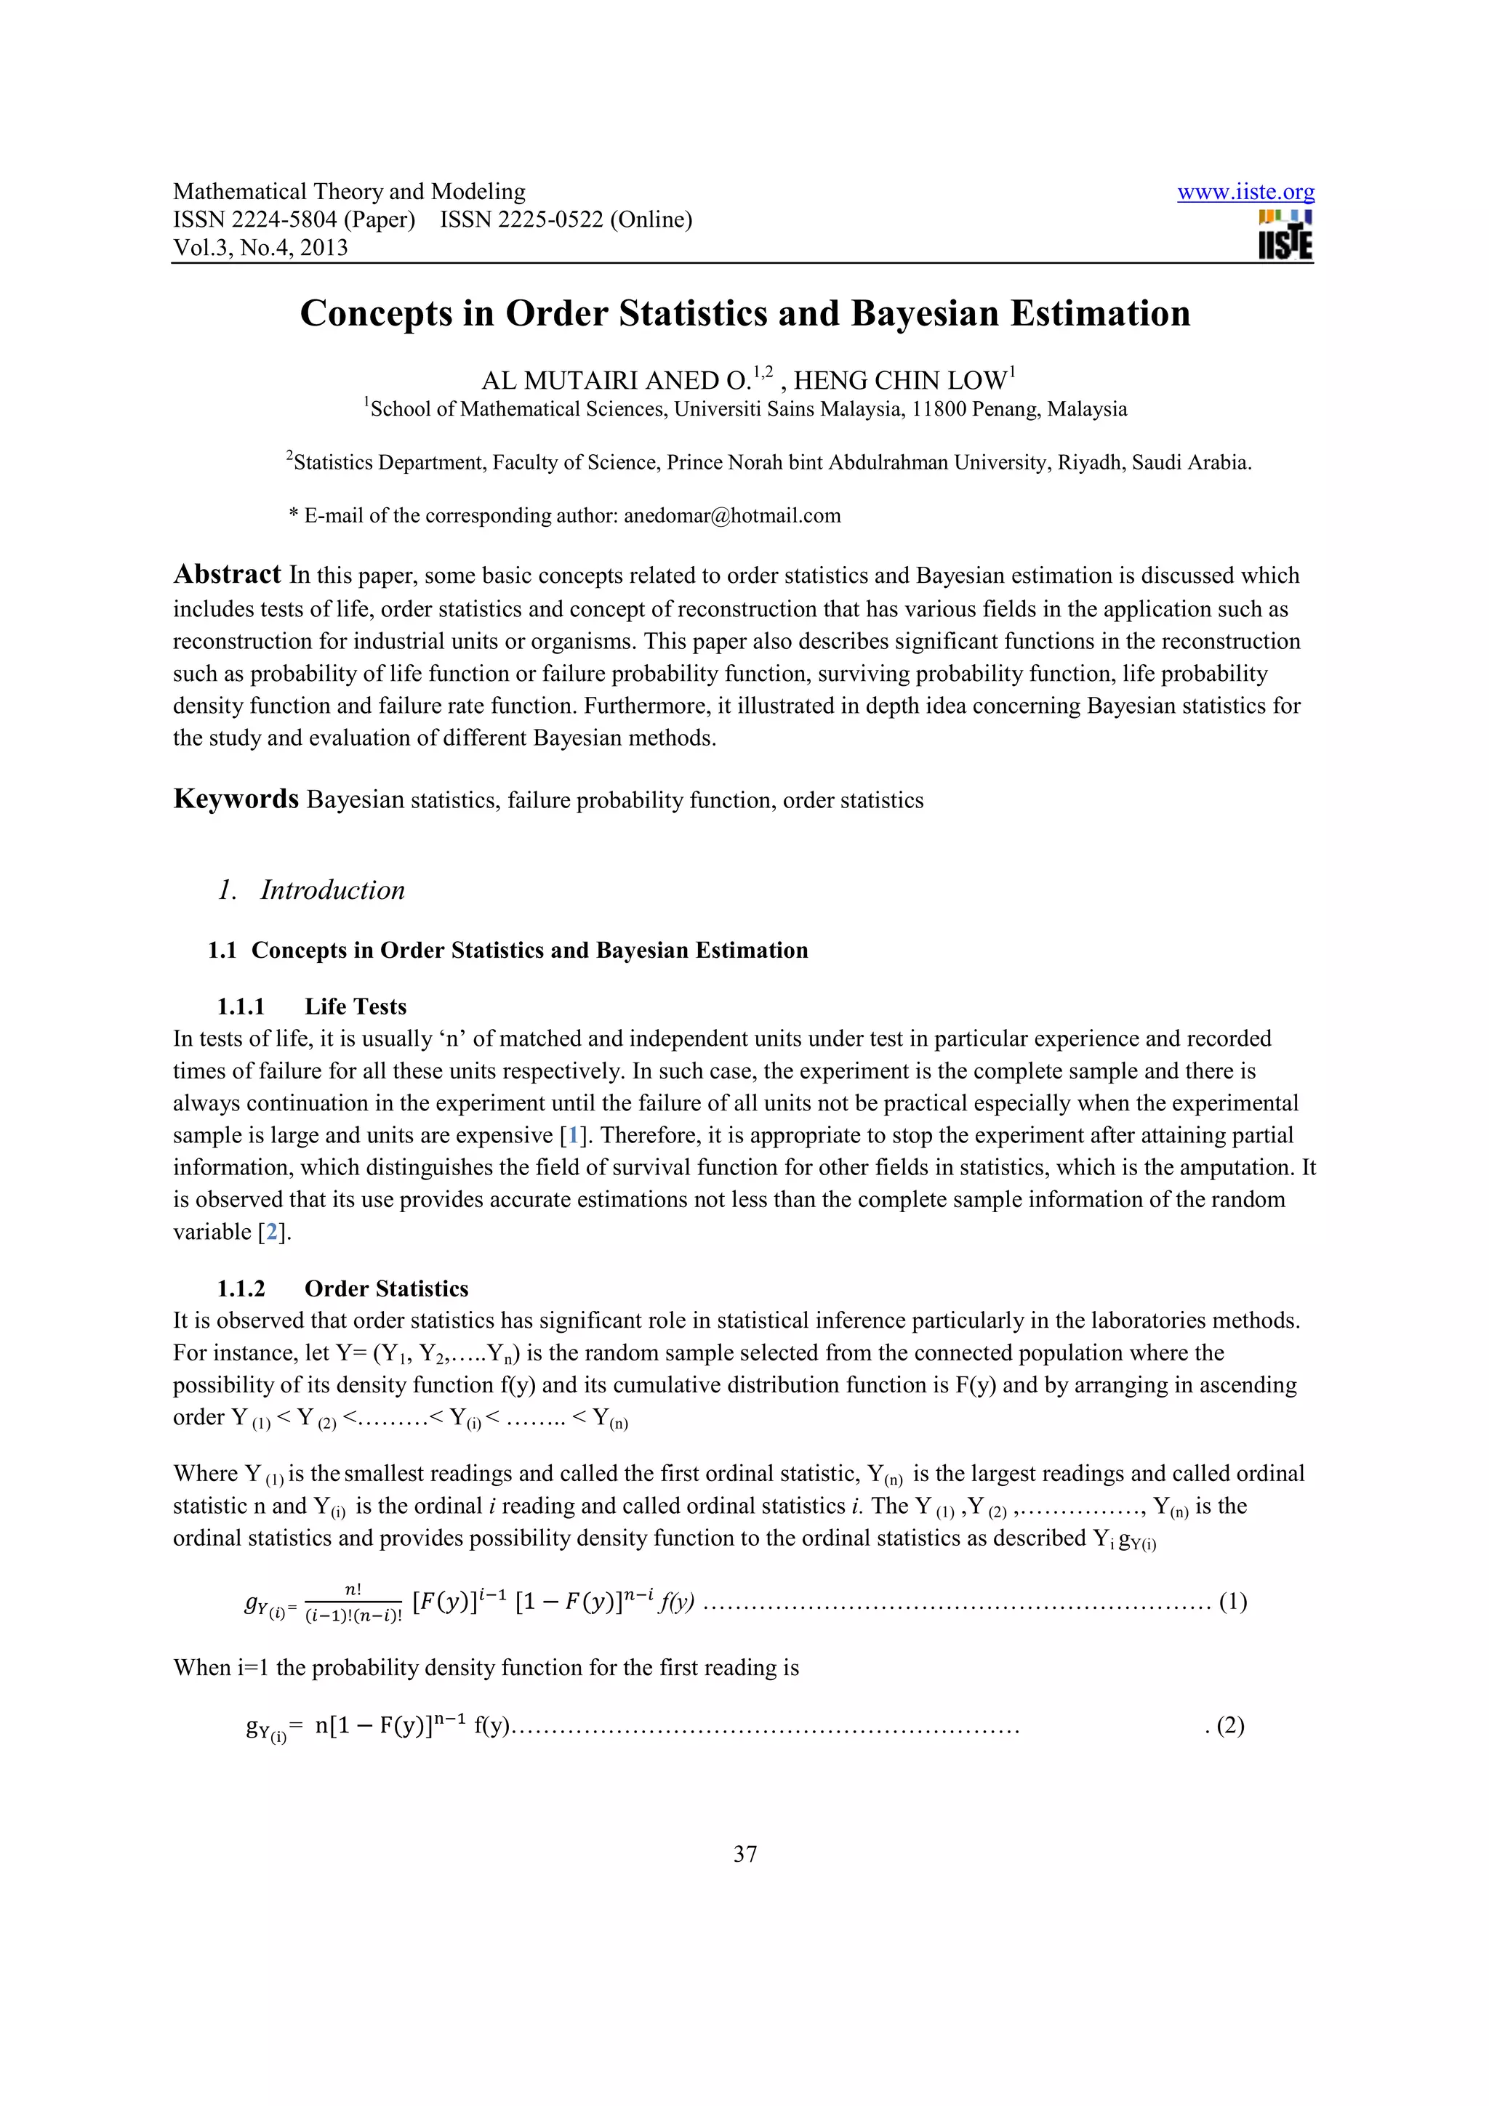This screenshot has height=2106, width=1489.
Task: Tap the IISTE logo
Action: pos(1285,235)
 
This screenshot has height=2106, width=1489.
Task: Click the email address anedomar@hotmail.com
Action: pos(732,515)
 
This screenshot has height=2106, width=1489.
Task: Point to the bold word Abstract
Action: pos(227,574)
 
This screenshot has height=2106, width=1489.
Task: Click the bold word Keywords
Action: pos(236,799)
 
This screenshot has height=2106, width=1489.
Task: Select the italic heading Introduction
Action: pos(332,889)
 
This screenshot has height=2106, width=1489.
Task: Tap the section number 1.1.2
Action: pos(241,1288)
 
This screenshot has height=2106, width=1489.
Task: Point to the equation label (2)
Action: pos(1230,1725)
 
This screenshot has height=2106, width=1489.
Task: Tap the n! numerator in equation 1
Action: pos(353,1589)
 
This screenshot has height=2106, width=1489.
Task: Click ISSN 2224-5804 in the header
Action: pos(294,220)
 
